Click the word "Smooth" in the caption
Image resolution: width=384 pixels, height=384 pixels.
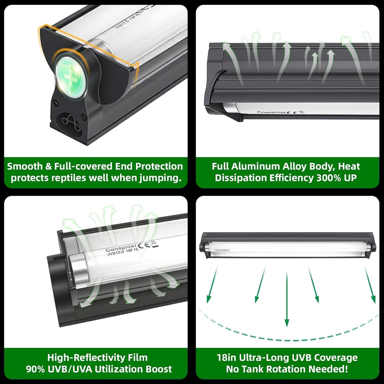(x=25, y=166)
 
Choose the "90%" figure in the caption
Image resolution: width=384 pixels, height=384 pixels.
(x=35, y=369)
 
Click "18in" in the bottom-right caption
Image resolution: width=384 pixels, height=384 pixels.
(x=226, y=358)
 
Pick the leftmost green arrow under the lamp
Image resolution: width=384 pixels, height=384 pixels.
(x=212, y=285)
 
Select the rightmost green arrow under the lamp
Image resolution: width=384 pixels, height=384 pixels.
(x=370, y=285)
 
